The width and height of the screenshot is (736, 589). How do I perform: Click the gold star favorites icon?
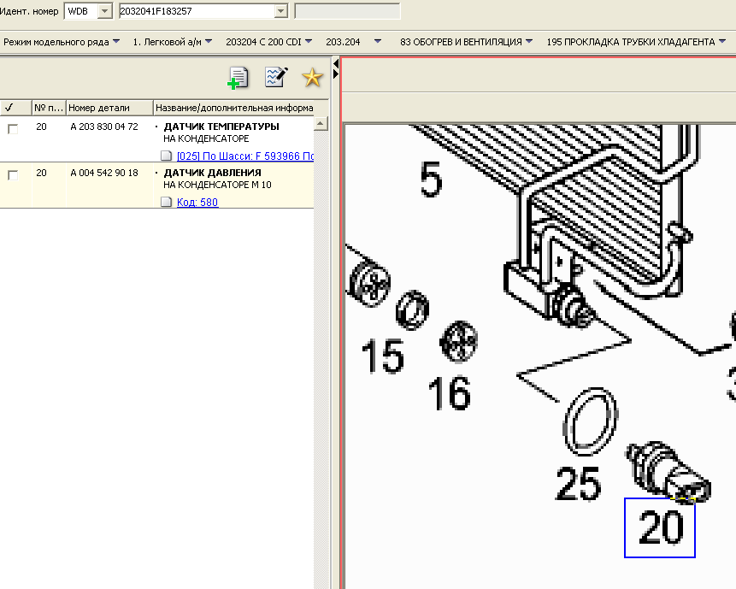tap(312, 78)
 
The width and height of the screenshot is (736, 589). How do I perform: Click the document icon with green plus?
tap(238, 78)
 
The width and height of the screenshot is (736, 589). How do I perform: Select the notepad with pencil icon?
tap(276, 77)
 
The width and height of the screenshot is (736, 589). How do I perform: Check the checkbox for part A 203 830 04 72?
tap(13, 128)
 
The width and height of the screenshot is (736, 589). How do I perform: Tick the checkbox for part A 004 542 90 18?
tap(13, 175)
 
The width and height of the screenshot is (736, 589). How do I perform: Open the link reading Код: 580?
tap(197, 203)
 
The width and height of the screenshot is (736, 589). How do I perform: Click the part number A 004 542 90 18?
tap(104, 173)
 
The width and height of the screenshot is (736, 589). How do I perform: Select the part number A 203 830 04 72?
tap(104, 127)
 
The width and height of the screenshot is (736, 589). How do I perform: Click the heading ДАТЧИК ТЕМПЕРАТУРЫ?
tap(221, 127)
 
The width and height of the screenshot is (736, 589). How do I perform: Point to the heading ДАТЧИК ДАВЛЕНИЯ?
tap(212, 173)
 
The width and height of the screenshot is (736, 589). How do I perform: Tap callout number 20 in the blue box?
tap(660, 528)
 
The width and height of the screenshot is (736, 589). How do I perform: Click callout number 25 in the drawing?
tap(578, 483)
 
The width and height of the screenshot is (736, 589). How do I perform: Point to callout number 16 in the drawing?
tap(449, 393)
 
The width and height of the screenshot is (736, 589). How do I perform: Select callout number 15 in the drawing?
tap(383, 356)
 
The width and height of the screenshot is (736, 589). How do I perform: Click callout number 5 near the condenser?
tap(431, 180)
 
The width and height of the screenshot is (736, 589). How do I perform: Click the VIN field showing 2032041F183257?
tap(197, 11)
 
